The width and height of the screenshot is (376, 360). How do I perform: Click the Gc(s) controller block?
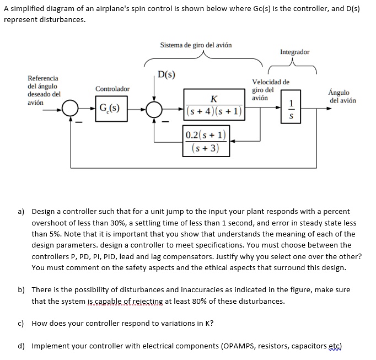(111, 107)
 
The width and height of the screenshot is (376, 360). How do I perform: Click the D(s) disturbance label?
(166, 75)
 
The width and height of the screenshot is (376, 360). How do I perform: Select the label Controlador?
(112, 89)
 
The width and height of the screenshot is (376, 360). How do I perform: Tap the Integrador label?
(294, 52)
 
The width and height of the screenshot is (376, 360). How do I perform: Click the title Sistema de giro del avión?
(196, 45)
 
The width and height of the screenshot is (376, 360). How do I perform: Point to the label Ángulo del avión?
(342, 96)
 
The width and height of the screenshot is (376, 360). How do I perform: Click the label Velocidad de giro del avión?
(270, 90)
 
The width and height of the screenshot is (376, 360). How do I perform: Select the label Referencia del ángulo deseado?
(44, 90)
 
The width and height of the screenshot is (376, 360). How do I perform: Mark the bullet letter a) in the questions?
(21, 212)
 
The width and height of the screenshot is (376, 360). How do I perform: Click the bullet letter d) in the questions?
(21, 346)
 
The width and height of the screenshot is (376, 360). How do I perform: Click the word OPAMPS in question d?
(241, 346)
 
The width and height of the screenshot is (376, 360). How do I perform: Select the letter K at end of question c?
(207, 324)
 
